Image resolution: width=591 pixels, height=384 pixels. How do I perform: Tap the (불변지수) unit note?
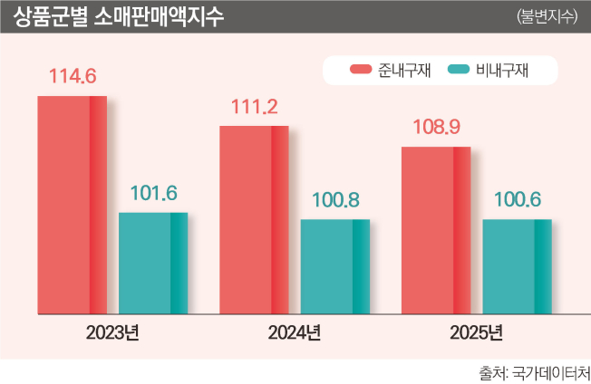tap(546, 17)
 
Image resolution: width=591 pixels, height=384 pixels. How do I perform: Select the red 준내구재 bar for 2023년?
tap(72, 205)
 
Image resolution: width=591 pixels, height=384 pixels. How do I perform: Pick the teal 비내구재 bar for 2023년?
tap(153, 263)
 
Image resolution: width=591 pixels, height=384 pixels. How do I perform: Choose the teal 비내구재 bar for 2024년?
tap(334, 266)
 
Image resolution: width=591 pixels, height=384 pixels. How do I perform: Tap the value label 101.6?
tap(153, 194)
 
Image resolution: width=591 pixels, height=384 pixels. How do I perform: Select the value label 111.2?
tap(254, 108)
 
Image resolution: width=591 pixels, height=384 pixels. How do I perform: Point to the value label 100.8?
tap(335, 200)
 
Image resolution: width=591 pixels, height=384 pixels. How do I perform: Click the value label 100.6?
tap(517, 200)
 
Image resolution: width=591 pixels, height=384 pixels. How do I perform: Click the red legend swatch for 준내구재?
tap(361, 69)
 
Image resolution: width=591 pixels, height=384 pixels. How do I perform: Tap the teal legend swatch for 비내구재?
tap(458, 69)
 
